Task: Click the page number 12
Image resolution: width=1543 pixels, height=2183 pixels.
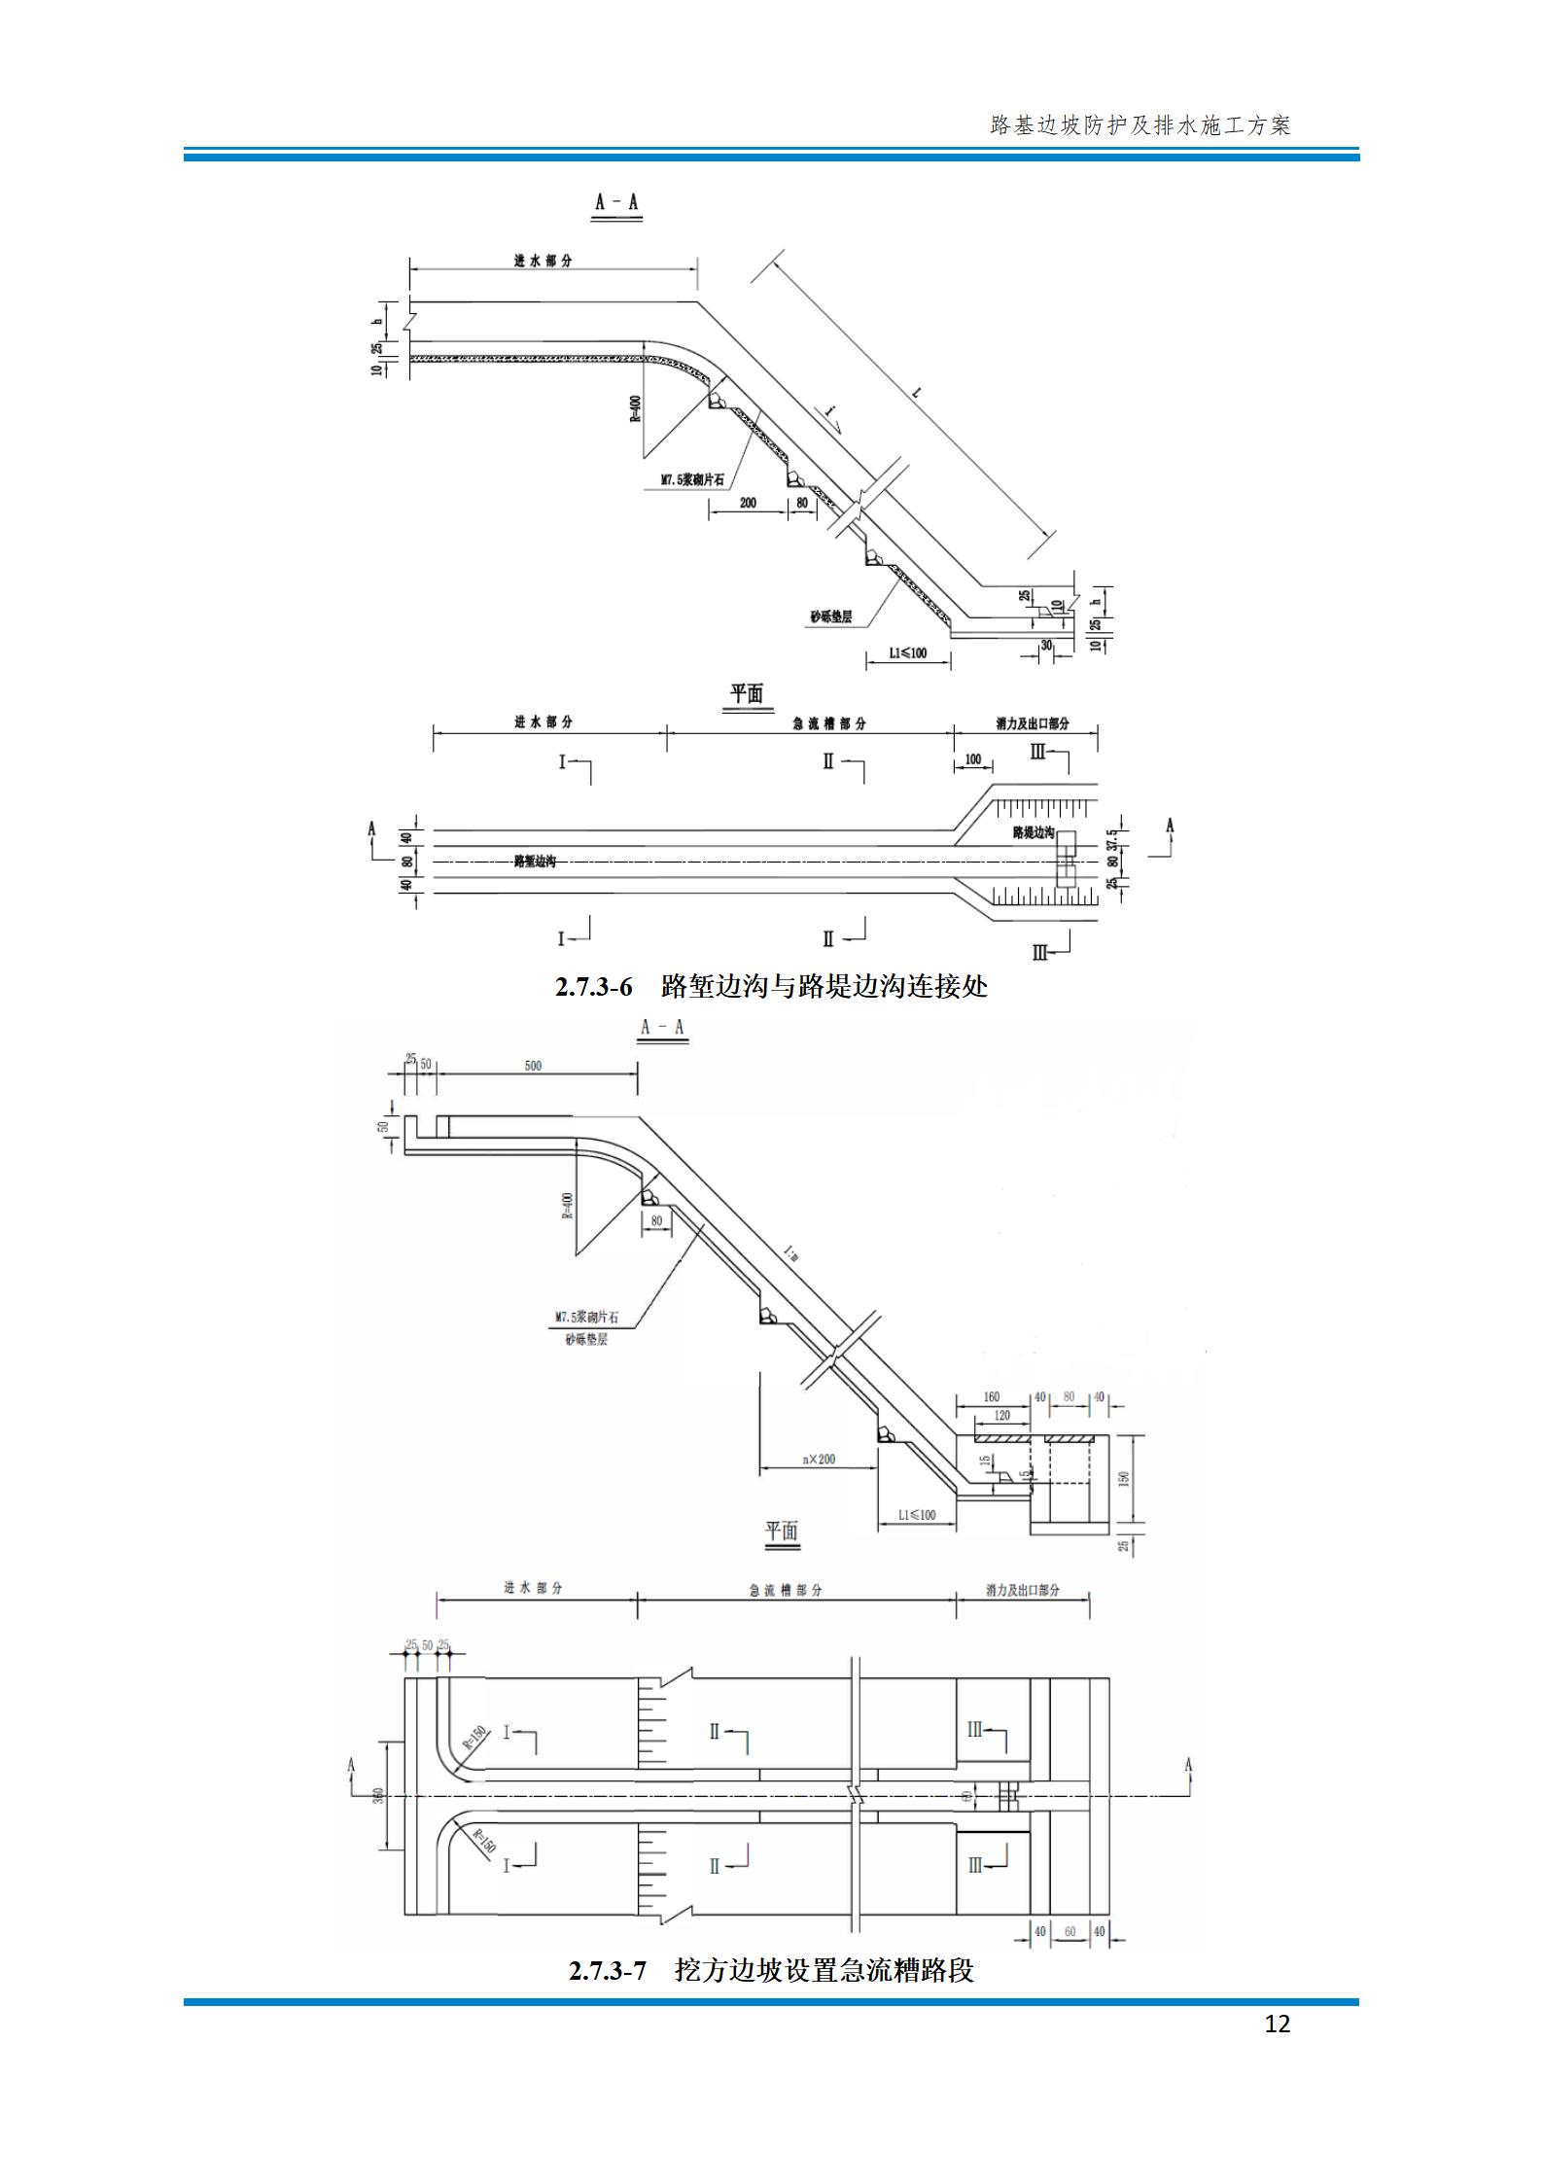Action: [1278, 2024]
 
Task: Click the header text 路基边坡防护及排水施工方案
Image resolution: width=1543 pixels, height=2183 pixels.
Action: [1140, 125]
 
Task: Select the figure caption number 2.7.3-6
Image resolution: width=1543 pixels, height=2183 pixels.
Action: [593, 987]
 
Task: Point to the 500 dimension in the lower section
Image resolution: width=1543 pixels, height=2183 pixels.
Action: [533, 1066]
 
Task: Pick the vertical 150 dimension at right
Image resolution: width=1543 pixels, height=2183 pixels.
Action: [1125, 1478]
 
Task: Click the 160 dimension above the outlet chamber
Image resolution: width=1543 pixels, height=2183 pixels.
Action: [992, 1397]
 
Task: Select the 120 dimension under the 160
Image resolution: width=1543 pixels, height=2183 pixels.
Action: [1002, 1416]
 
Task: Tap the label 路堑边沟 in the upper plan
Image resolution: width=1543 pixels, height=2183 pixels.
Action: [535, 862]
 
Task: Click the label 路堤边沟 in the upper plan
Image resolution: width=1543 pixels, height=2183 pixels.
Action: [1033, 833]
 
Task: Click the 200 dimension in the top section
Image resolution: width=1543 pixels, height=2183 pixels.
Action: [747, 503]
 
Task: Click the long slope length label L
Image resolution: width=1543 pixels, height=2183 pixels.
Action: [917, 394]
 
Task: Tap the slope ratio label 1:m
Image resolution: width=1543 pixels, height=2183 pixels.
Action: [789, 1254]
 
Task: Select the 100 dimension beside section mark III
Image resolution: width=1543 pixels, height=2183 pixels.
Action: [972, 759]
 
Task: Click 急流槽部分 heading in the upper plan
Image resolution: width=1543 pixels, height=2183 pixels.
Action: [829, 724]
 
